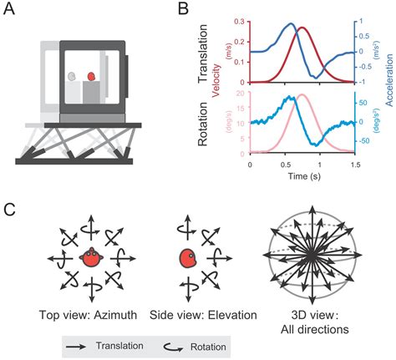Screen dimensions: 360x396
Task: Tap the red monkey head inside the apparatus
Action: pos(91,76)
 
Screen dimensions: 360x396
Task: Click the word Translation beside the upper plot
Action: pos(203,51)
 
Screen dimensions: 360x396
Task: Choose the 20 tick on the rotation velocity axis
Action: pos(241,93)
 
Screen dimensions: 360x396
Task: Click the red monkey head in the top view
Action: pos(89,260)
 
